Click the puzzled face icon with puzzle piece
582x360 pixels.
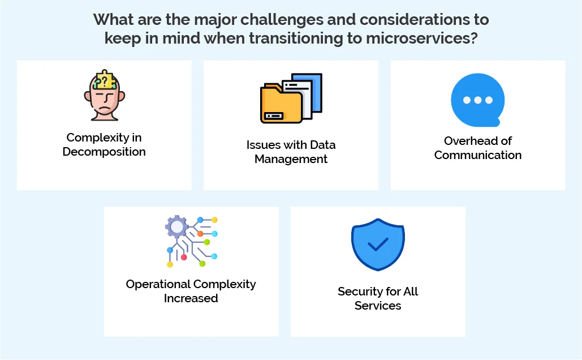(x=104, y=96)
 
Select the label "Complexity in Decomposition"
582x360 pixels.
(x=104, y=144)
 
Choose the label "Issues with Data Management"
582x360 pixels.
(x=291, y=152)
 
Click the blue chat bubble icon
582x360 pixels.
(x=478, y=100)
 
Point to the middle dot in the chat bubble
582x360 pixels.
(x=478, y=100)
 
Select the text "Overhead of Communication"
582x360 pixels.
(x=478, y=148)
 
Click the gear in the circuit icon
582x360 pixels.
(x=176, y=227)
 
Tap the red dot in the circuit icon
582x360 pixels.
(x=184, y=257)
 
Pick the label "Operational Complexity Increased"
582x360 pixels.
(x=191, y=291)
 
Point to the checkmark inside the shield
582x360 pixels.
(x=378, y=245)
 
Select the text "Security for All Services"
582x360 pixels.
(x=378, y=298)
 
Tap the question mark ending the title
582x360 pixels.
(x=472, y=38)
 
